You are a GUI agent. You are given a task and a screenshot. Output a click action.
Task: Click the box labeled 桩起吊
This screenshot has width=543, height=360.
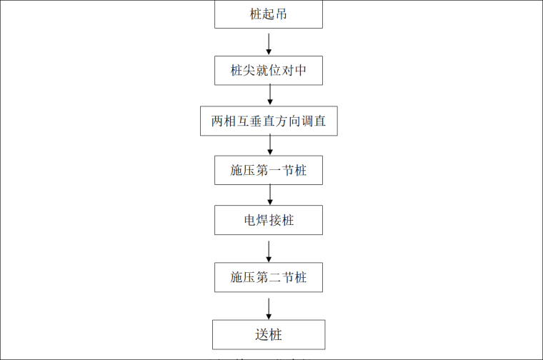[x=268, y=14]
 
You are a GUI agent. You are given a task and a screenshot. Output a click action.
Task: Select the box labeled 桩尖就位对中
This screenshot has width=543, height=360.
[x=268, y=71]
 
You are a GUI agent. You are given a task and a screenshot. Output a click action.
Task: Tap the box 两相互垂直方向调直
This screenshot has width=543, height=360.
[x=268, y=121]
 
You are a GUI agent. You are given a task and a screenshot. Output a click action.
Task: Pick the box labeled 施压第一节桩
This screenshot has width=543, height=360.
[x=268, y=171]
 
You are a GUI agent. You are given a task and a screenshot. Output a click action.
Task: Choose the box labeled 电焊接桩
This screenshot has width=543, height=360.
[x=268, y=220]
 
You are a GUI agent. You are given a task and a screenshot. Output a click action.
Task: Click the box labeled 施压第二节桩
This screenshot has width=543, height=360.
[x=268, y=277]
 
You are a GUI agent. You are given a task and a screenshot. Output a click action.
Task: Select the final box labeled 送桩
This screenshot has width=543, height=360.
[x=268, y=334]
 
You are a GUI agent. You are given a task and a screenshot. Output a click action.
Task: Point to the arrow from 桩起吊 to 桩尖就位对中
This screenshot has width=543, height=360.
[x=269, y=42]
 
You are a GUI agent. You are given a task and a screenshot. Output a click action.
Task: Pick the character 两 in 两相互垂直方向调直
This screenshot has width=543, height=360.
[x=217, y=121]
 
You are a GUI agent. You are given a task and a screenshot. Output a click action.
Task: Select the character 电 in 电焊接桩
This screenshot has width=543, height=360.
[x=249, y=220]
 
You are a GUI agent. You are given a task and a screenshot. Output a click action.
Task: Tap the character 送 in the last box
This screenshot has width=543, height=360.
[x=261, y=334]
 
